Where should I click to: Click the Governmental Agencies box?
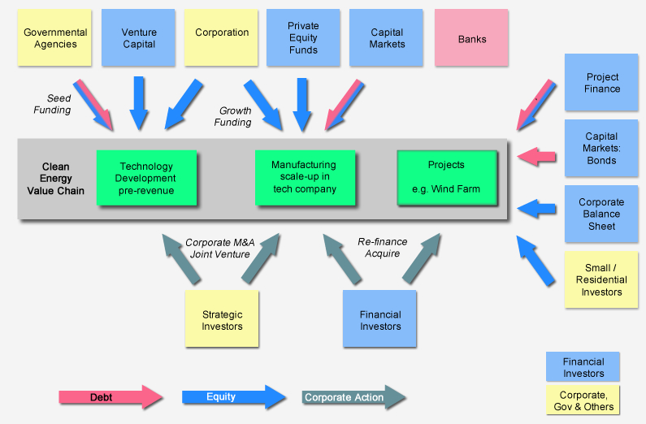click(54, 38)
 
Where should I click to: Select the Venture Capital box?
click(138, 38)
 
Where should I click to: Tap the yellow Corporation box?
click(221, 38)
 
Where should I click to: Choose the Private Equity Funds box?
click(303, 38)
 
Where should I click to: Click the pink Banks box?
click(471, 38)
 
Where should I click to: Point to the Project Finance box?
click(602, 83)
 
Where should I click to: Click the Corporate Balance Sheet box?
click(601, 214)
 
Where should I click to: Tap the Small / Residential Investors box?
click(601, 279)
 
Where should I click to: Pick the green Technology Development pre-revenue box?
click(146, 178)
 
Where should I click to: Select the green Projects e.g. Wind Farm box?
click(446, 177)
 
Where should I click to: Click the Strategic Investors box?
click(222, 320)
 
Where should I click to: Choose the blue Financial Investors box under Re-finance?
click(379, 320)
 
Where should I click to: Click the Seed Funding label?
click(52, 104)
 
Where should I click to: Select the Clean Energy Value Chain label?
click(56, 179)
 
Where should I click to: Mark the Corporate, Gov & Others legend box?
click(582, 400)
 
